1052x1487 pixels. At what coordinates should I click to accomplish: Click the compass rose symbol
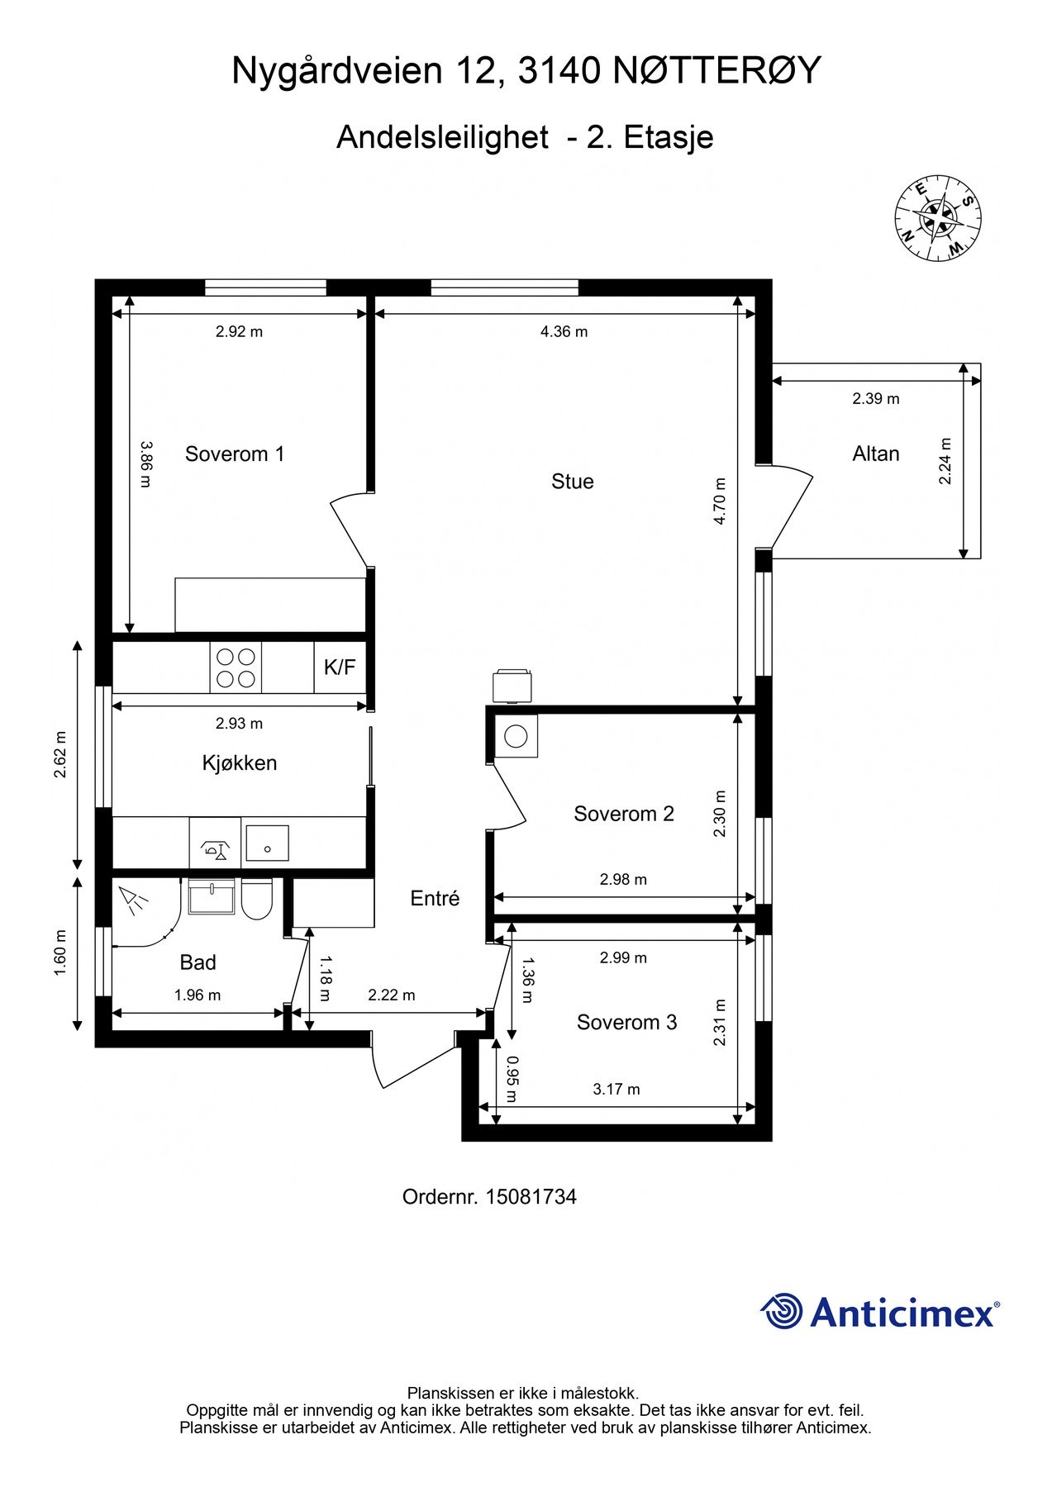(937, 218)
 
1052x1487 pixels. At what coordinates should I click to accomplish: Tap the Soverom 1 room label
(235, 454)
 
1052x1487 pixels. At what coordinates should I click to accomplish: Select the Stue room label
(573, 482)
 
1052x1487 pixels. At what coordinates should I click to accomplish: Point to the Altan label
(876, 454)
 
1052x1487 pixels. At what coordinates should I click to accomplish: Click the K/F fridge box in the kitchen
(340, 667)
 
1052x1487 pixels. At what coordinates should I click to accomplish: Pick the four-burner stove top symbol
(236, 667)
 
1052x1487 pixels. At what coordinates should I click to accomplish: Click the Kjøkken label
(240, 763)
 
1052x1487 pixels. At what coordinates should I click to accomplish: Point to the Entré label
(435, 899)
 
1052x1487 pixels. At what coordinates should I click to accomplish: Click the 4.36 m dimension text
(564, 332)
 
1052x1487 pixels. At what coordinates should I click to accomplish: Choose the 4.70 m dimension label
(720, 501)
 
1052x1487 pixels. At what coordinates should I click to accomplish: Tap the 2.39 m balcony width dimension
(876, 399)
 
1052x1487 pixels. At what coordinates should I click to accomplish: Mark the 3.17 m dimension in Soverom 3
(616, 1090)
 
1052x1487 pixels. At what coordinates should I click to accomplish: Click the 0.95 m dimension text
(512, 1080)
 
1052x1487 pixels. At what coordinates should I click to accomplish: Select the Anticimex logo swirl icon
(782, 1311)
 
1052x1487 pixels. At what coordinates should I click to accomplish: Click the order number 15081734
(531, 1196)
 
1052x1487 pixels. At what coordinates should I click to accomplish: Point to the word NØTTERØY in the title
(717, 71)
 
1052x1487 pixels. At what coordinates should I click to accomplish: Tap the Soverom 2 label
(624, 814)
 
